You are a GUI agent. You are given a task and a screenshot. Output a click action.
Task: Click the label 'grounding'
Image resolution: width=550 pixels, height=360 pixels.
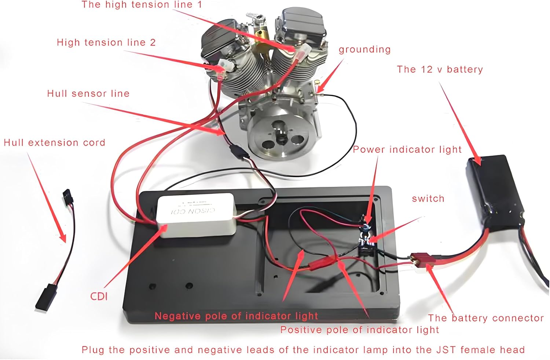[x=364, y=50]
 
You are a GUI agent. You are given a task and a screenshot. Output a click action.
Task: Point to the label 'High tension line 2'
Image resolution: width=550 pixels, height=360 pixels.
[x=106, y=43]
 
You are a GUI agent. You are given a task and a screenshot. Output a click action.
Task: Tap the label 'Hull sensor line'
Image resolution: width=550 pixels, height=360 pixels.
[x=88, y=94]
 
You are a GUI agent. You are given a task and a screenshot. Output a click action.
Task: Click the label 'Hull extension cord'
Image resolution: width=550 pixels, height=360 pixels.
[x=54, y=142]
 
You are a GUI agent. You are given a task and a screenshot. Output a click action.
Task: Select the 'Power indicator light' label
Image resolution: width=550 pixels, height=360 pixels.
[x=407, y=149]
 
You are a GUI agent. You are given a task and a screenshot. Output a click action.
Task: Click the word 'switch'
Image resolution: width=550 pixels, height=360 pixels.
[x=428, y=199]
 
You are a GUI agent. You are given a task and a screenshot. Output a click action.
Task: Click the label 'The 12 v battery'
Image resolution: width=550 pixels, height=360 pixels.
[x=440, y=69]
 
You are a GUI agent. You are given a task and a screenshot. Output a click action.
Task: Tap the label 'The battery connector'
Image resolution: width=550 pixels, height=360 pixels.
[x=485, y=318]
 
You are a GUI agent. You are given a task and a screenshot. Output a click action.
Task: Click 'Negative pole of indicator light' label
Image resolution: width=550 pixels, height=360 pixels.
[x=236, y=316]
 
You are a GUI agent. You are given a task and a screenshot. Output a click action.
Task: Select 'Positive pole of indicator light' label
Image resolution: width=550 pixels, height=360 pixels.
[x=359, y=330]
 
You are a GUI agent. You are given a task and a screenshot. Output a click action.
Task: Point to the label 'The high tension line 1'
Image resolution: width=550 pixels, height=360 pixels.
[x=142, y=5]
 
